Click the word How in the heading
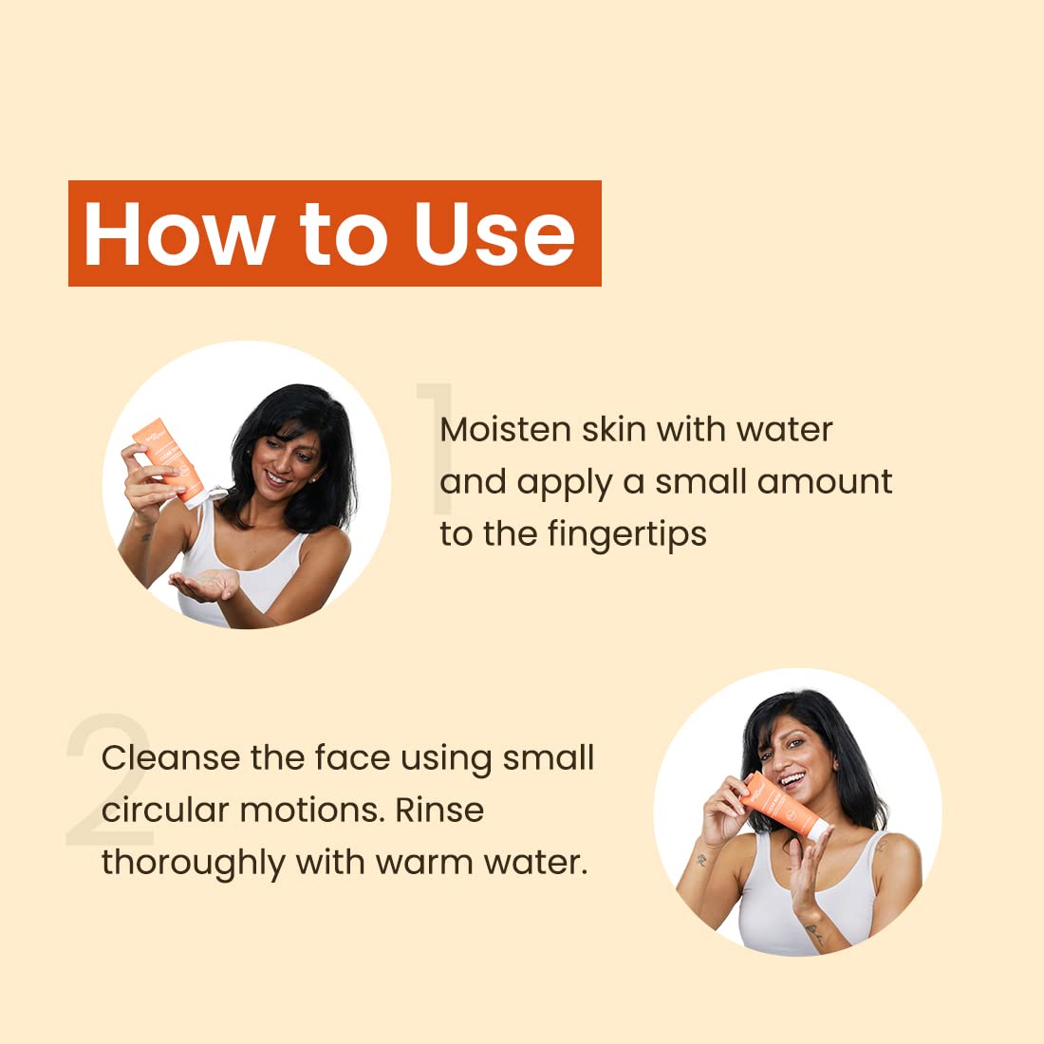pos(179,233)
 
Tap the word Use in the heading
pos(494,233)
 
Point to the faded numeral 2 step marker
pos(110,779)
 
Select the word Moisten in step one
pos(505,429)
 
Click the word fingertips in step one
pos(627,534)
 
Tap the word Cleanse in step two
pos(171,757)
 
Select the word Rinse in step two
pos(439,811)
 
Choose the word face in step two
pos(352,757)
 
